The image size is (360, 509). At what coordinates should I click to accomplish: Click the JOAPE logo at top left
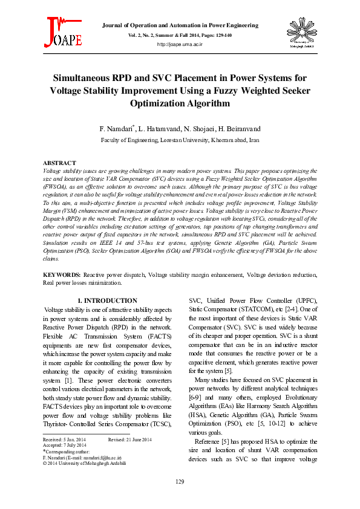(x=63, y=32)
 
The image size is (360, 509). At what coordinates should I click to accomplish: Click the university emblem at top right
(x=296, y=34)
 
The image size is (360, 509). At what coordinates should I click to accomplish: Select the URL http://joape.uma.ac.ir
(x=180, y=45)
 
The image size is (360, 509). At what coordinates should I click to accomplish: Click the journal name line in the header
(x=180, y=25)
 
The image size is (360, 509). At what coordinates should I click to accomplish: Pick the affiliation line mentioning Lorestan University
(x=180, y=139)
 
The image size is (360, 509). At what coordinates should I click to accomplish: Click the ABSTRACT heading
(x=59, y=163)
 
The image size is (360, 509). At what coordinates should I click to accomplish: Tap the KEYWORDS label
(x=62, y=274)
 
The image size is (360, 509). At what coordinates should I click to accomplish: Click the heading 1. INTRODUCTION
(x=108, y=300)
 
